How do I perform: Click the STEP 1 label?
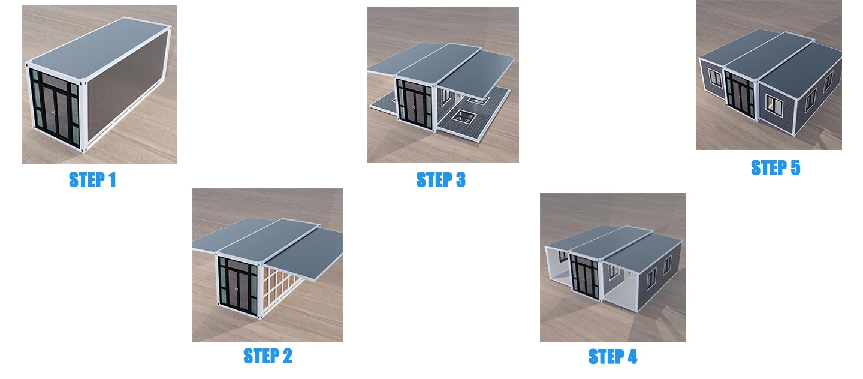coord(92,179)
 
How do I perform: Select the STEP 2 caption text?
coord(267,356)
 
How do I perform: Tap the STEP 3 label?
coord(440,179)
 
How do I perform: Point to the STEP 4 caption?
coord(612,356)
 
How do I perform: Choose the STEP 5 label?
coord(775,167)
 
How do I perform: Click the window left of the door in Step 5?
coord(714,79)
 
